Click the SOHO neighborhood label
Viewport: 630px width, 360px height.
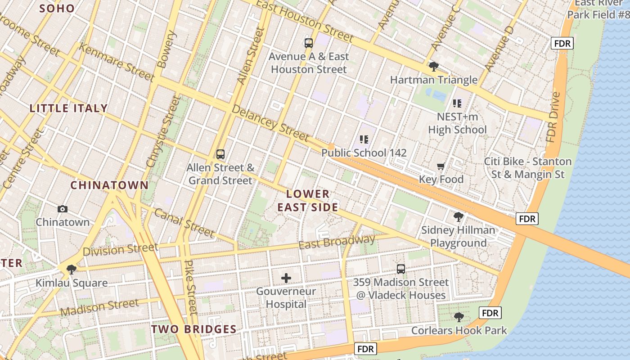point(57,8)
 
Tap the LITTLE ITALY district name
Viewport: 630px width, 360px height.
point(68,108)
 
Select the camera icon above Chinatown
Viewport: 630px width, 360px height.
point(63,209)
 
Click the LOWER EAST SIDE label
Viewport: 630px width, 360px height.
point(308,201)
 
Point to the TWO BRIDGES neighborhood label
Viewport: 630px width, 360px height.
point(193,329)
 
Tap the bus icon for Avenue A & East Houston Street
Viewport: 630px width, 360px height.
point(308,43)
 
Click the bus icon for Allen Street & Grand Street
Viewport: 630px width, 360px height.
point(220,154)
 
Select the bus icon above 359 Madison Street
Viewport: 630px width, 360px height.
point(400,269)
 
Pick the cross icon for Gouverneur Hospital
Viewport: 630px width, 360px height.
point(286,278)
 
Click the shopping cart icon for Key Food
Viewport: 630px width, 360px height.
point(441,166)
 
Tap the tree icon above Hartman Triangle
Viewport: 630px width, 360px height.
point(434,67)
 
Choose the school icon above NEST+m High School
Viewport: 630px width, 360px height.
point(457,103)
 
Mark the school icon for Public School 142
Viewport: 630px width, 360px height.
point(364,139)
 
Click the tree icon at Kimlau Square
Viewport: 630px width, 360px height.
point(71,270)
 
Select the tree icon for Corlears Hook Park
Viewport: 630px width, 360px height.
point(459,317)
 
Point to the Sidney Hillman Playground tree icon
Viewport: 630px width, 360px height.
point(458,217)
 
